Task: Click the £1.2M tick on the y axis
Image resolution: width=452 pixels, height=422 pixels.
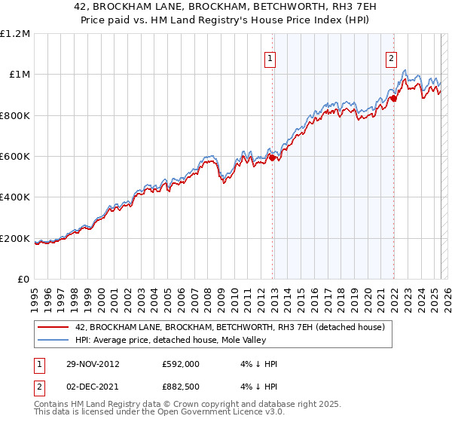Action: [15, 34]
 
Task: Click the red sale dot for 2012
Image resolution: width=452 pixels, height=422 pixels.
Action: [273, 157]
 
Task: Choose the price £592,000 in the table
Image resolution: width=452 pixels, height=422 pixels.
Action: [181, 363]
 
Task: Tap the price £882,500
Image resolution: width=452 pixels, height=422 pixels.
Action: [181, 387]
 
